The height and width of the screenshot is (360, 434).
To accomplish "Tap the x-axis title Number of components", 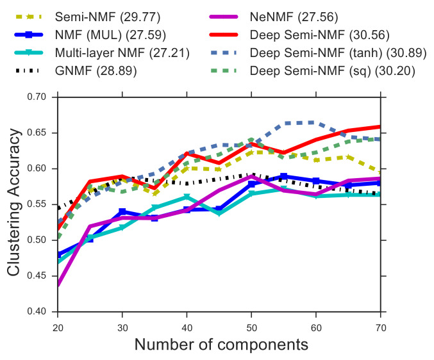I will click(221, 344).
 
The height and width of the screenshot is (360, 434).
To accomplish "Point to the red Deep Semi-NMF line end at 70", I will click(381, 127).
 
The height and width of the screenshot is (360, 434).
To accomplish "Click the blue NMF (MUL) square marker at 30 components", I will click(122, 211).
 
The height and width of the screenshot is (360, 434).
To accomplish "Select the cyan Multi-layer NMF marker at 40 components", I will click(187, 197).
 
